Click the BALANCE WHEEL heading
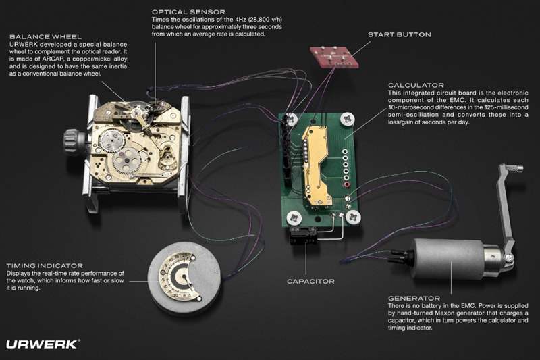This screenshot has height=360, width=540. pos(45,37)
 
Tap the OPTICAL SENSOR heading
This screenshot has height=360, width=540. pos(189,12)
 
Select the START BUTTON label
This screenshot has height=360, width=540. pos(399,35)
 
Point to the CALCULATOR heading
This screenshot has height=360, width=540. pos(416,85)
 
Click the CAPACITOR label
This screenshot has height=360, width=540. pos(310,282)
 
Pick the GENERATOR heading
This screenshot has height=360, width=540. pos(414,299)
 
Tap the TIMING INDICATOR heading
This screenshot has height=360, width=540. pos(45,266)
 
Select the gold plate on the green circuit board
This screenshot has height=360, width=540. pos(317,165)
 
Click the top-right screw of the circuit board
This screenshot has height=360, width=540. pos(348,120)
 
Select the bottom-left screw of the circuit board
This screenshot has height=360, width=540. pos(294,218)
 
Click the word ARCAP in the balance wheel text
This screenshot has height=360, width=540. pos(51,59)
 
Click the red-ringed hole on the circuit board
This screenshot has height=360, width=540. pos(346,185)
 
